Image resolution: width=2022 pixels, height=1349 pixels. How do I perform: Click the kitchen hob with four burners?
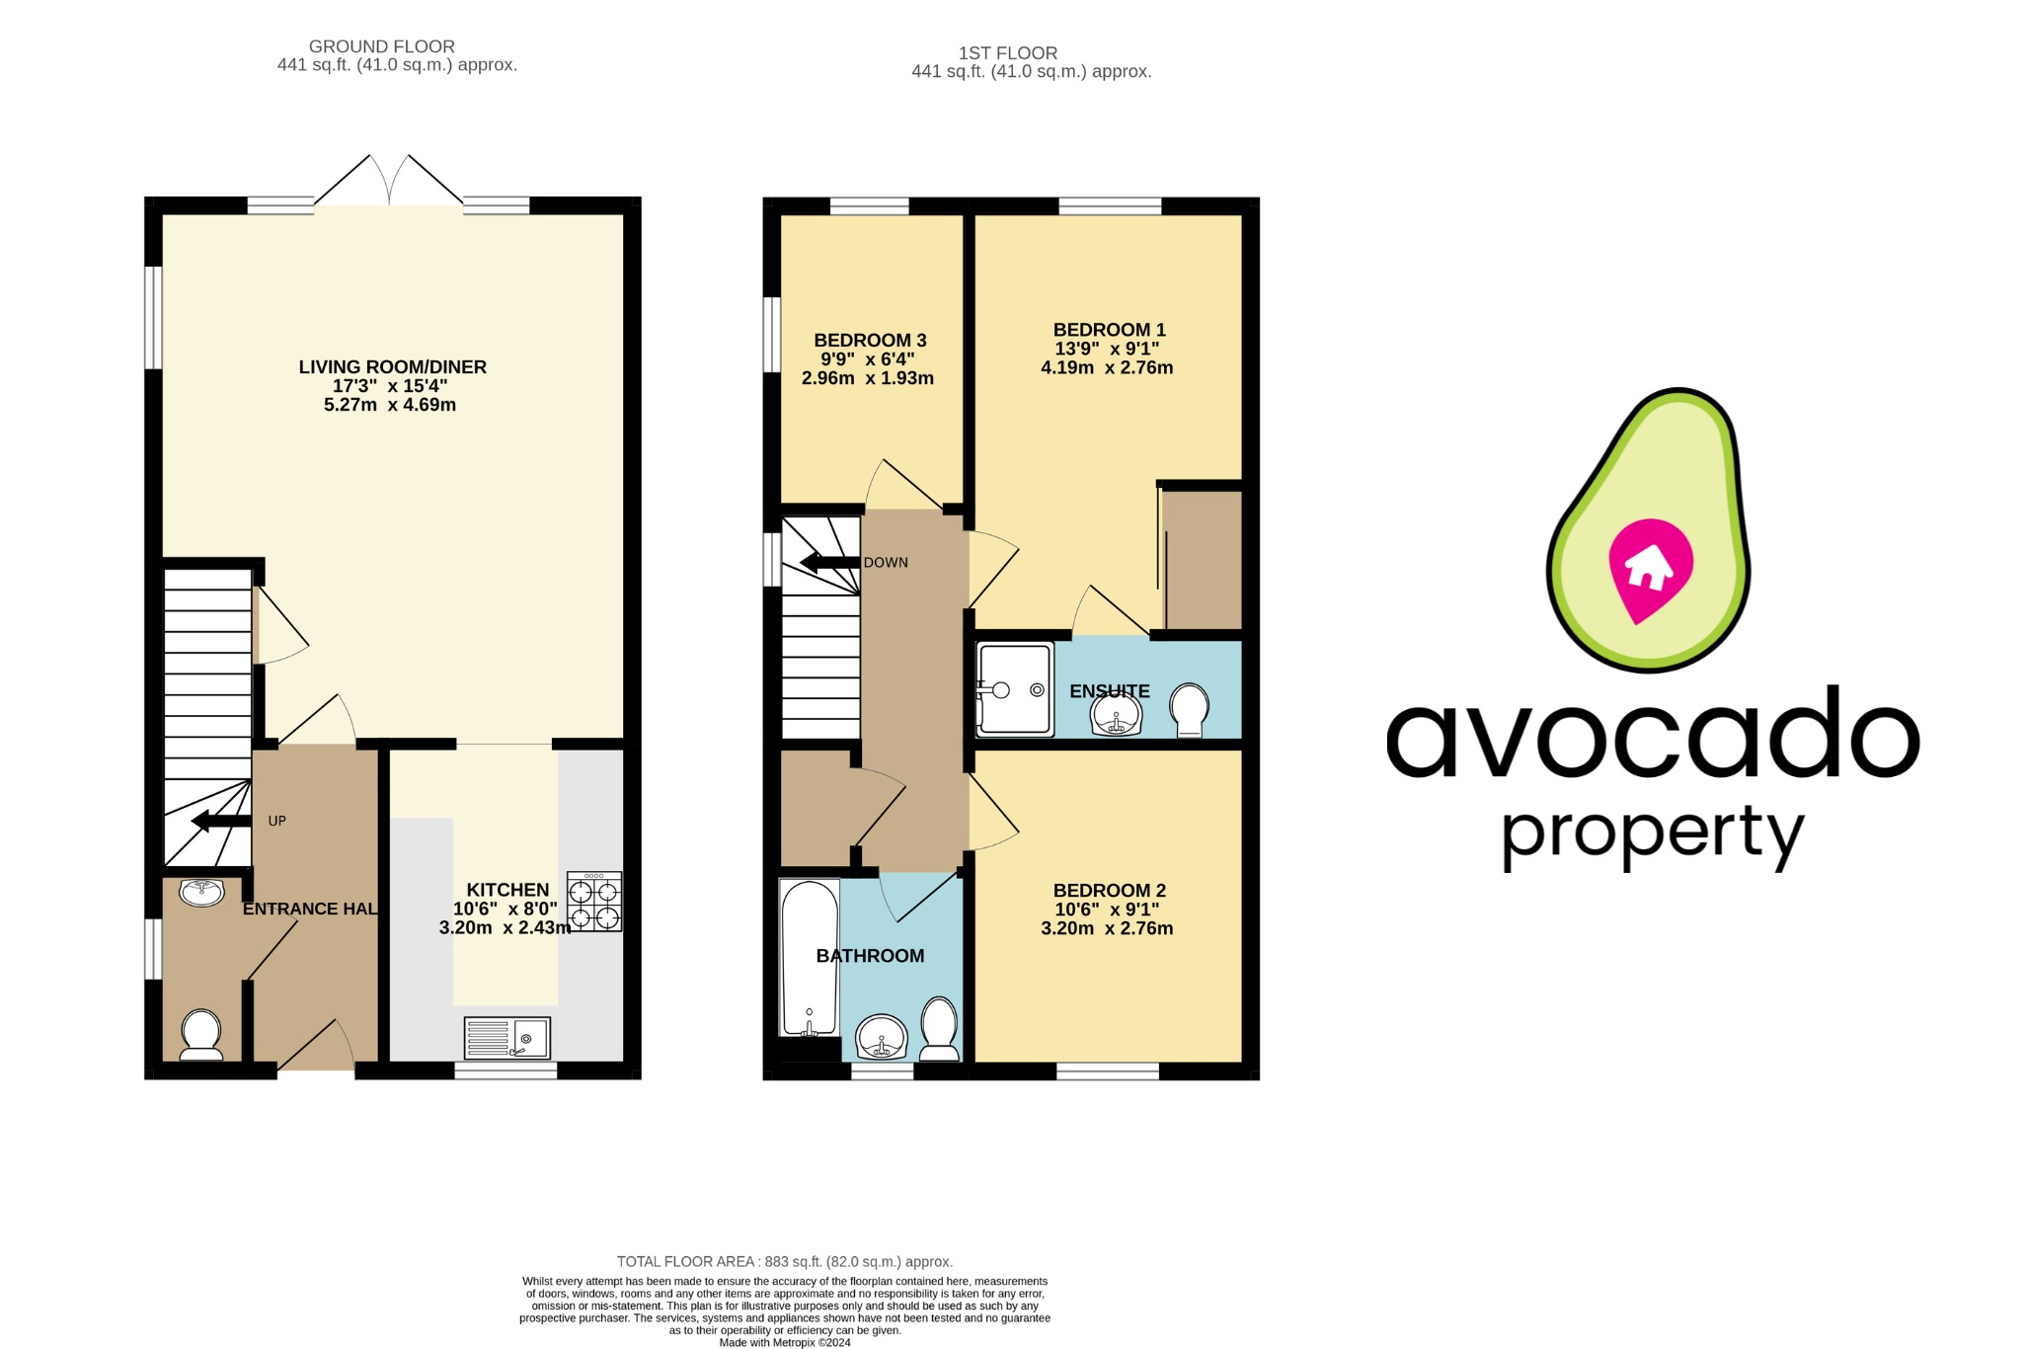pyautogui.click(x=594, y=902)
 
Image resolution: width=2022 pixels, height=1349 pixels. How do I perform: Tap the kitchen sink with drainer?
pyautogui.click(x=507, y=1038)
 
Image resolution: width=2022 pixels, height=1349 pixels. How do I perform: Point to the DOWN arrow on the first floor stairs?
pyautogui.click(x=828, y=563)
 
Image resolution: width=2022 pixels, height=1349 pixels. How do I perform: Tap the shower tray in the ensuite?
pyautogui.click(x=1015, y=689)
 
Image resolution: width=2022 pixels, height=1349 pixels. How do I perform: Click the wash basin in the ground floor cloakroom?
pyautogui.click(x=202, y=892)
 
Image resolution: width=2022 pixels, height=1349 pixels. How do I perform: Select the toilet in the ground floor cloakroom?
pyautogui.click(x=201, y=1034)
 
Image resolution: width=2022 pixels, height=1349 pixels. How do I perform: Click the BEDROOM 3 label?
pyautogui.click(x=870, y=341)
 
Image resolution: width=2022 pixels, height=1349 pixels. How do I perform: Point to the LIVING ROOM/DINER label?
pyautogui.click(x=393, y=367)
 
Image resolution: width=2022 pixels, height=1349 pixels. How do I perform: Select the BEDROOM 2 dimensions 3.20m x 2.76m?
pyautogui.click(x=1107, y=928)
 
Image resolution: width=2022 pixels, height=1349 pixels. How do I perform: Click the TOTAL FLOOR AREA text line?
pyautogui.click(x=785, y=1261)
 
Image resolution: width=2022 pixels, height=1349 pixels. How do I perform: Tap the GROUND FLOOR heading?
pyautogui.click(x=382, y=46)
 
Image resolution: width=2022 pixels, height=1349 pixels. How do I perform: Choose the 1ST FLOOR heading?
pyautogui.click(x=1007, y=53)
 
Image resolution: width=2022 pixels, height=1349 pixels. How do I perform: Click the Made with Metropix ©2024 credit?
pyautogui.click(x=785, y=1342)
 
